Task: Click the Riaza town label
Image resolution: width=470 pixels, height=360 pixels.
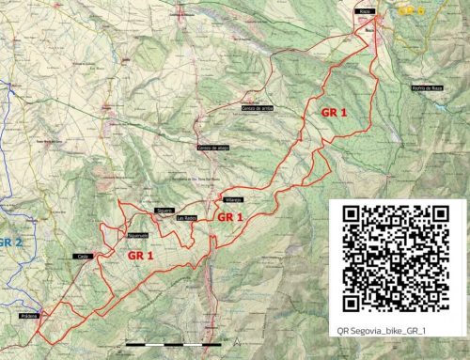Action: [x=367, y=10]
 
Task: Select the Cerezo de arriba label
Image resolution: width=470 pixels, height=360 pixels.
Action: [x=255, y=109]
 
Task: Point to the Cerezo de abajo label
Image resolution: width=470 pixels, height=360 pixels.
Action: [x=211, y=148]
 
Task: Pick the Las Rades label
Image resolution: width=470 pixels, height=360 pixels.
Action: [x=186, y=218]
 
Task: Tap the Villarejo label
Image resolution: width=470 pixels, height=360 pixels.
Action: [x=235, y=200]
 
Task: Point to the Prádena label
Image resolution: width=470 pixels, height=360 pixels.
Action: [x=27, y=317]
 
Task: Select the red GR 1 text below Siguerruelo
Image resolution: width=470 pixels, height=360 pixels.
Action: [x=141, y=254]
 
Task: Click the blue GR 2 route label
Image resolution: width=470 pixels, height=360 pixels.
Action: [x=10, y=242]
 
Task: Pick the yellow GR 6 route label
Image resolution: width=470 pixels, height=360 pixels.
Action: [x=412, y=11]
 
